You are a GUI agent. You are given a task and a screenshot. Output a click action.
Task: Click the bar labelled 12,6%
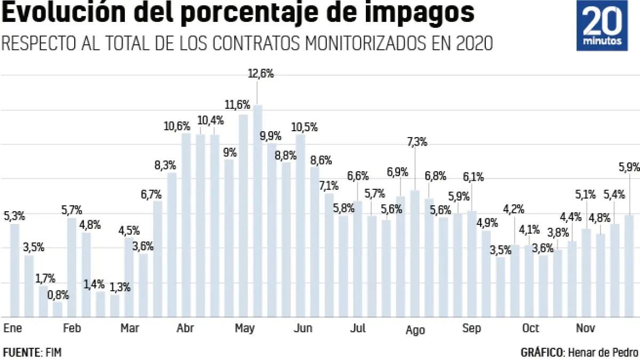pos(258,211)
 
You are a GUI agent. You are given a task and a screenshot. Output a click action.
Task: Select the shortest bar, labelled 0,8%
pos(58,309)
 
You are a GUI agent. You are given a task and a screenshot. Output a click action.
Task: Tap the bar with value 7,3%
pos(414,253)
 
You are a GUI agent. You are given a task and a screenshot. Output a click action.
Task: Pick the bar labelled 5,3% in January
pos(14,270)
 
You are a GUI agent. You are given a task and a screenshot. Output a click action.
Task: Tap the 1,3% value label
pos(120,287)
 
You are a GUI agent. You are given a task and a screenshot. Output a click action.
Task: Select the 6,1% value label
pos(473,177)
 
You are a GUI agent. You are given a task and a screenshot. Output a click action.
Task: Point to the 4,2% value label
pos(514,209)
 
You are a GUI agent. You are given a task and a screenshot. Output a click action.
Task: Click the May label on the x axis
pos(244,329)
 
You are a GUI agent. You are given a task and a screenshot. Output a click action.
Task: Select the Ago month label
pos(415,330)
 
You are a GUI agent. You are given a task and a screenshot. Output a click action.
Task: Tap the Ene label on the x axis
pos(12,329)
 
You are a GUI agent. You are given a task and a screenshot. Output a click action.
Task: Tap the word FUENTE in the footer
pos(21,352)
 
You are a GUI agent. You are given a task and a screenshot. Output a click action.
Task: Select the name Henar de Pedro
pos(603,352)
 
